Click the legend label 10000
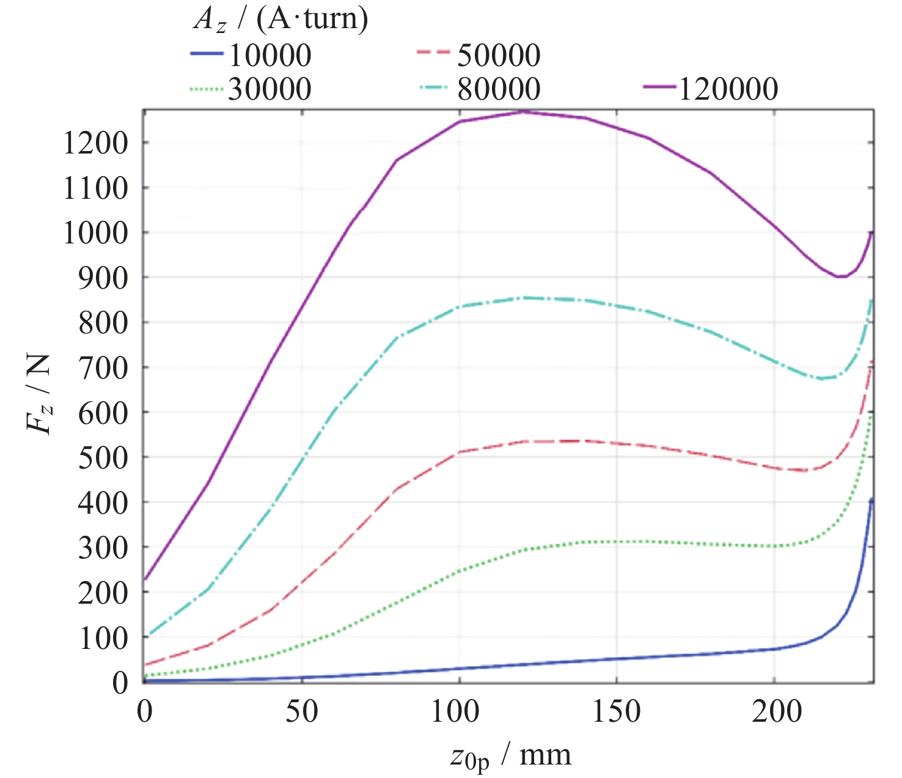[269, 56]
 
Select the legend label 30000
[269, 89]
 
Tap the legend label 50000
[499, 56]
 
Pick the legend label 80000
[499, 89]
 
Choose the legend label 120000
[728, 89]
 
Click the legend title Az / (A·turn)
[280, 20]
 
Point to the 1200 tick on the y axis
[95, 143]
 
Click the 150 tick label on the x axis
[616, 712]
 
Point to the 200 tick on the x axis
[774, 712]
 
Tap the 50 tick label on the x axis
[301, 712]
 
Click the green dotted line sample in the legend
[206, 89]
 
